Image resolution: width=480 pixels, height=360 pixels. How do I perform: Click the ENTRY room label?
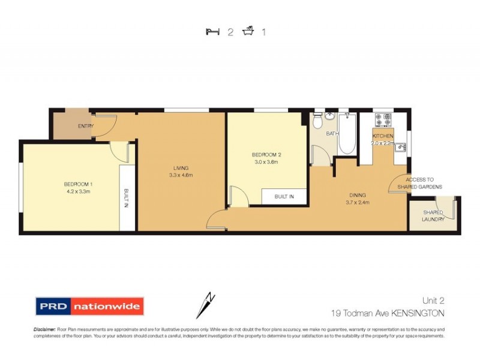tap(86, 126)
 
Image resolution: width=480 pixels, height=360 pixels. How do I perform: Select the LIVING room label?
tap(181, 168)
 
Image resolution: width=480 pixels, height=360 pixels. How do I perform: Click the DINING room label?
tap(358, 195)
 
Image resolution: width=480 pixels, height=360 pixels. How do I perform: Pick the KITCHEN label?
tap(383, 136)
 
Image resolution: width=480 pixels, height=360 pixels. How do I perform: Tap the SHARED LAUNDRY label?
tap(433, 216)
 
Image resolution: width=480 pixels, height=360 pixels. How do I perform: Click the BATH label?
tap(332, 134)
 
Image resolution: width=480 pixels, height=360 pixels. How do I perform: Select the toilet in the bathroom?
tap(318, 122)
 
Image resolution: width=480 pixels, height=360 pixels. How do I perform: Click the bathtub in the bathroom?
tap(347, 133)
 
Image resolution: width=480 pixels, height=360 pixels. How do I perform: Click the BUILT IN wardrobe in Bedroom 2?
tap(284, 196)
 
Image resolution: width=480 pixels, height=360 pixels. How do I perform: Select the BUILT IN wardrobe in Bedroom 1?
tap(127, 198)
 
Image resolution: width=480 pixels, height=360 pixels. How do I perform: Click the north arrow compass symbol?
tap(206, 304)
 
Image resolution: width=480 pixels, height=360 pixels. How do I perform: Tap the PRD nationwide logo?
tap(89, 307)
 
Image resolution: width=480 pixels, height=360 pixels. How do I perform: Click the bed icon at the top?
tap(211, 32)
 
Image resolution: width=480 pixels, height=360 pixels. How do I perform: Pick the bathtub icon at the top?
tap(247, 31)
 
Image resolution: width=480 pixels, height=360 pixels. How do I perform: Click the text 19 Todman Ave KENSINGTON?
tap(388, 313)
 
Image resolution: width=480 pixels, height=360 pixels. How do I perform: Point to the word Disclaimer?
tap(44, 329)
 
